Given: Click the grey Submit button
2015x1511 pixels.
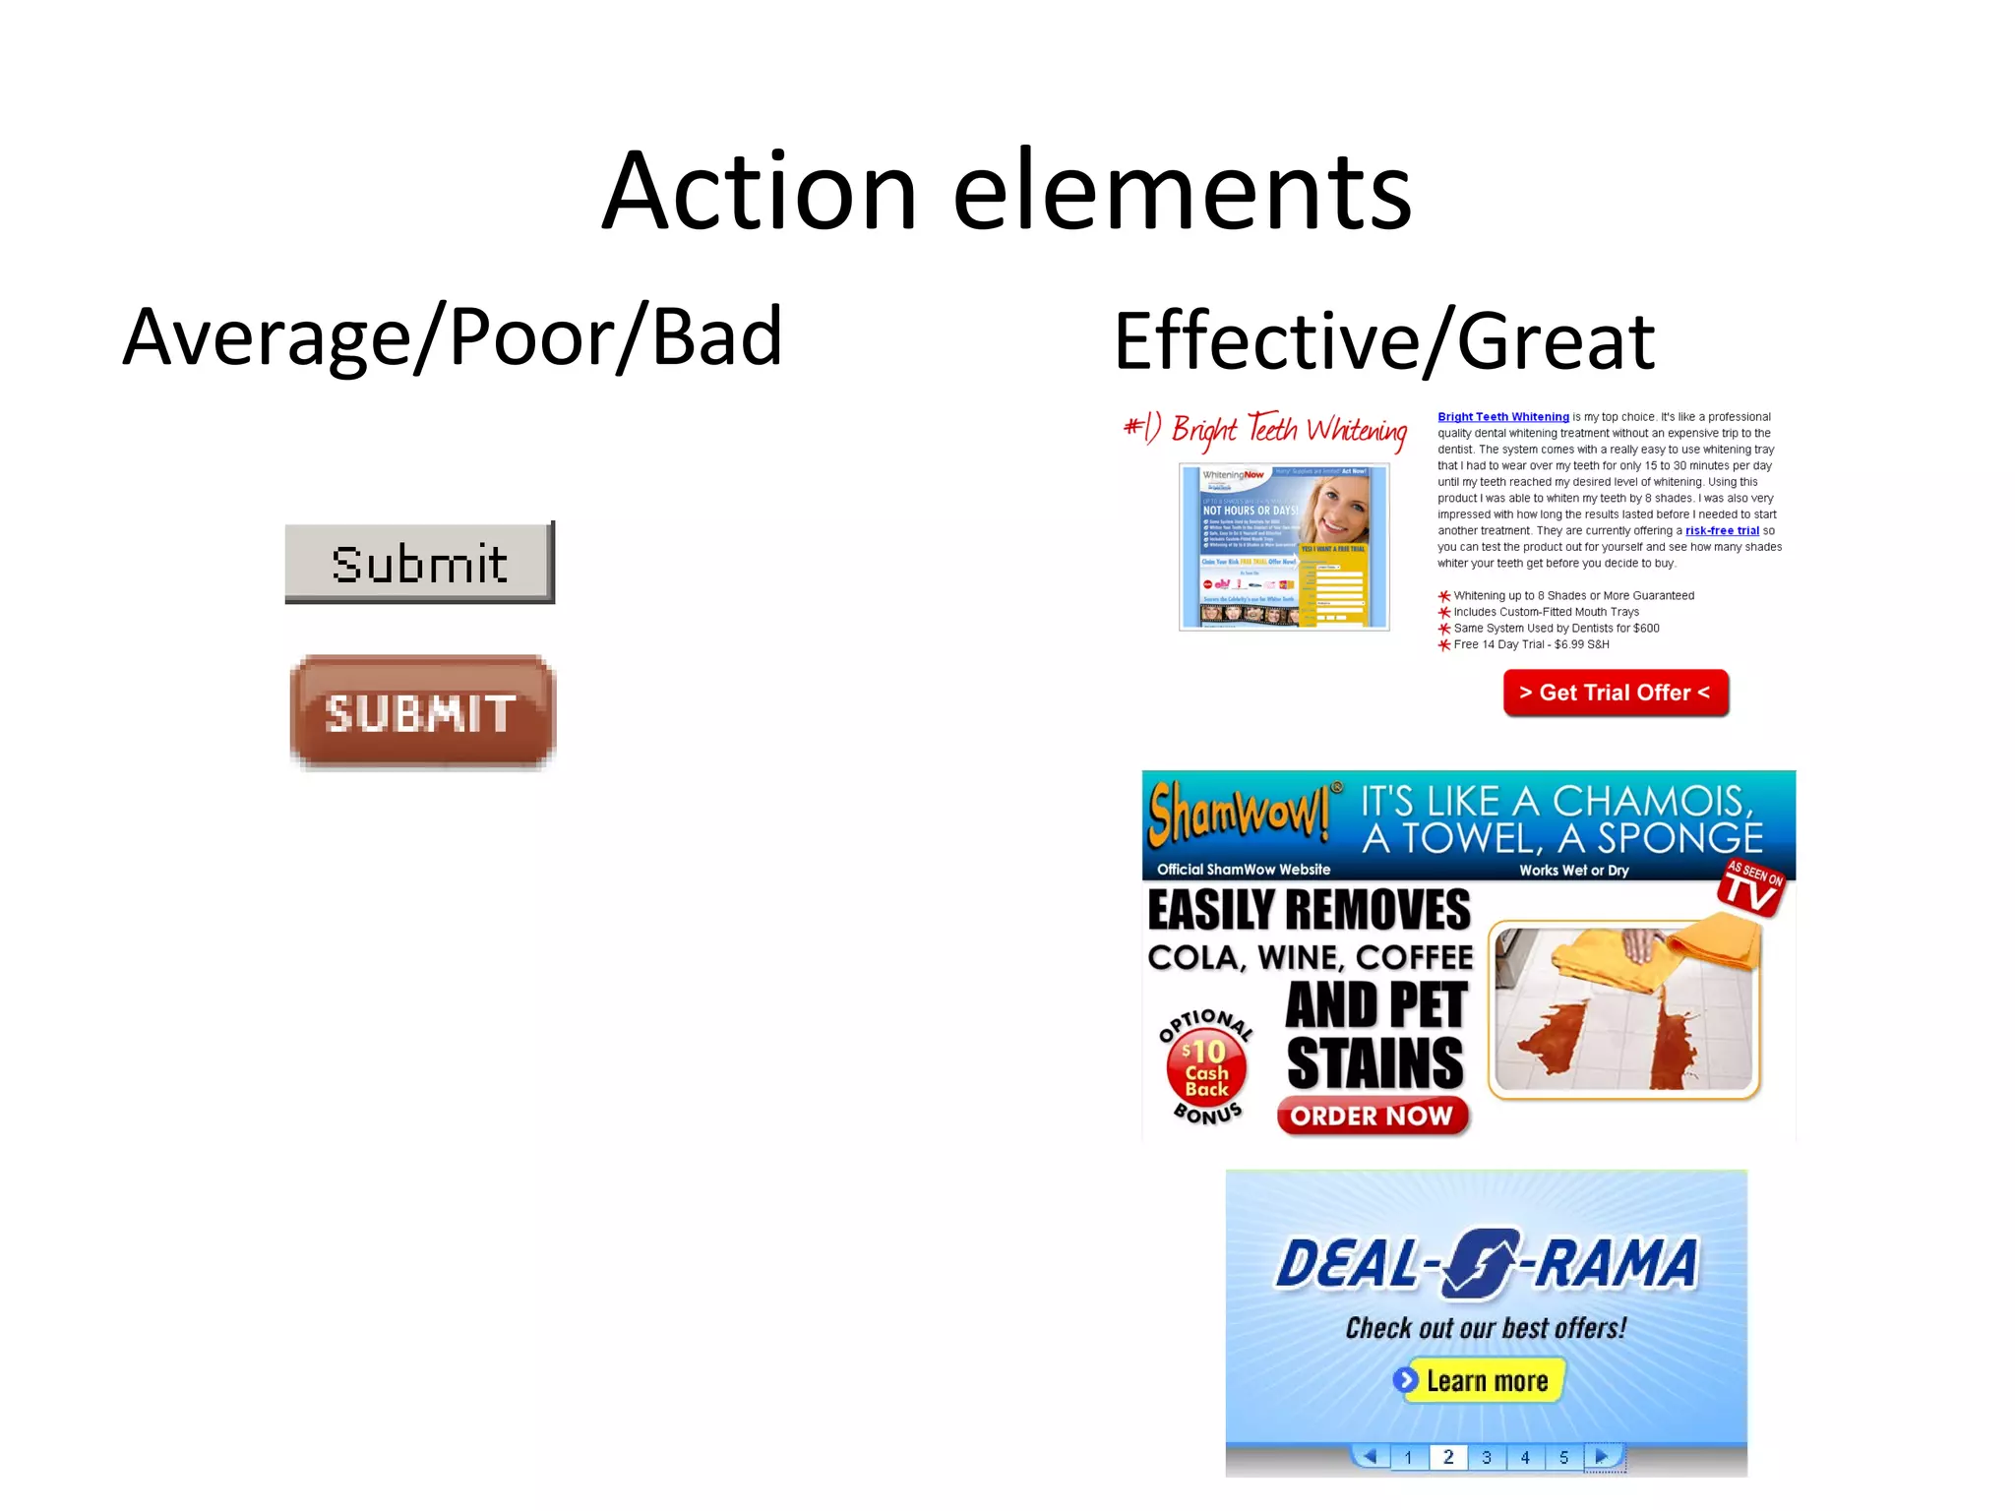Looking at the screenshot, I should (419, 562).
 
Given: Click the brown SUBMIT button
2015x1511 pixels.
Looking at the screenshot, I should (422, 711).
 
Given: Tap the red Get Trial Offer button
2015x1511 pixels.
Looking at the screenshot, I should (1615, 693).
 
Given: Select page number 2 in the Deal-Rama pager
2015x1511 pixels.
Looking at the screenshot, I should (1447, 1457).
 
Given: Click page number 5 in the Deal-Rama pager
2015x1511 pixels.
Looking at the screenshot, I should (1563, 1457).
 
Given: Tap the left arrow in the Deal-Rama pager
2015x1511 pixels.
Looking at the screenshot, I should (1369, 1456).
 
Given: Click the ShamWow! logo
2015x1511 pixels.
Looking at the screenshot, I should (1237, 813).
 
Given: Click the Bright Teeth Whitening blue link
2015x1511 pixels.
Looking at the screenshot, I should (1502, 417).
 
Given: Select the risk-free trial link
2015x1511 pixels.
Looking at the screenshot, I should (1721, 531).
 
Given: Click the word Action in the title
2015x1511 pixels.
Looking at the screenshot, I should (759, 191).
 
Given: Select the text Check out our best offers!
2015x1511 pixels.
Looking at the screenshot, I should (1486, 1328).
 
